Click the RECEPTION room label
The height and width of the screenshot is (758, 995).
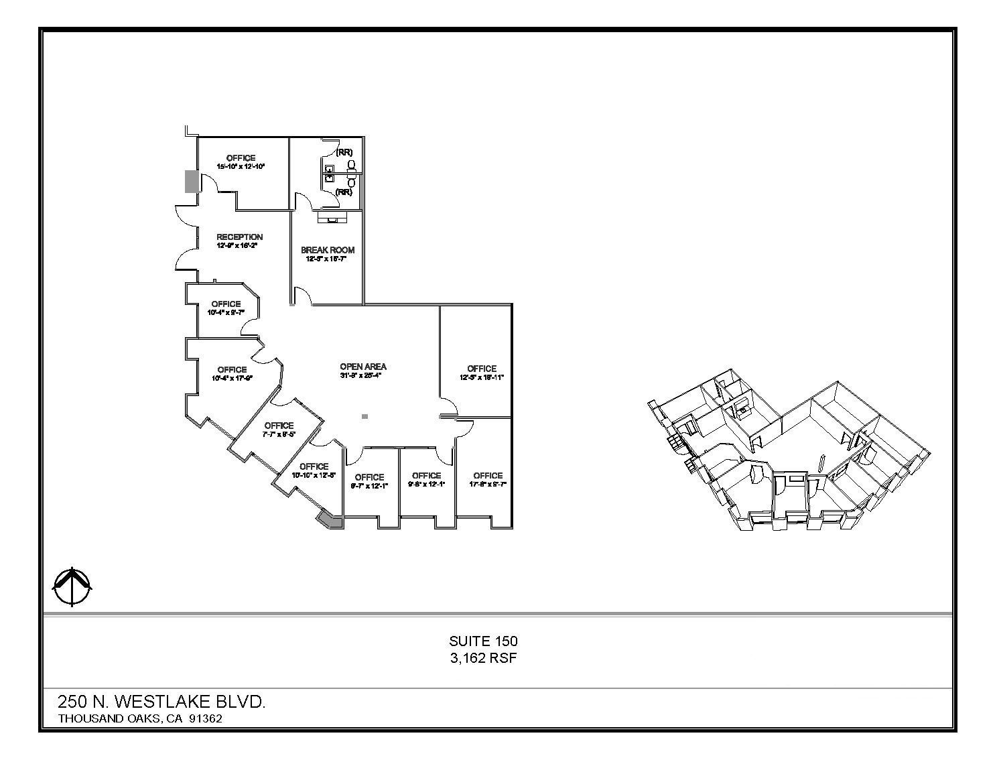coord(239,237)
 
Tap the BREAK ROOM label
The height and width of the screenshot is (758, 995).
coord(328,250)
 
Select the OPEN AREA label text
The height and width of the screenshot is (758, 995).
coord(363,367)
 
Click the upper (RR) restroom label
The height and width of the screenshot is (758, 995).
coord(344,152)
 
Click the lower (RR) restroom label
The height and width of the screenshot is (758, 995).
coord(344,192)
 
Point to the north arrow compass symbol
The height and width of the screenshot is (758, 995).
coord(72,586)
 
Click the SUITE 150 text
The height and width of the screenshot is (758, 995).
coord(483,641)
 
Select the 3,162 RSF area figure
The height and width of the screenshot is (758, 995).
coord(483,658)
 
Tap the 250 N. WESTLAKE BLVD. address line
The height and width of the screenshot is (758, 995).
coord(161,702)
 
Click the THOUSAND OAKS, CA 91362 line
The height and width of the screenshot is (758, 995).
coord(140,718)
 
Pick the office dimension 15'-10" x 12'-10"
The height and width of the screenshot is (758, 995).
coord(241,166)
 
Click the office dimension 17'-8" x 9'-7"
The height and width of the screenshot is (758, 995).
coord(487,484)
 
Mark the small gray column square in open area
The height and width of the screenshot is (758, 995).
coord(364,417)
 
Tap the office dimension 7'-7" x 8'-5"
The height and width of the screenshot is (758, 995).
coord(279,434)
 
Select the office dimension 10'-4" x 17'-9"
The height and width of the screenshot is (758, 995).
coord(232,378)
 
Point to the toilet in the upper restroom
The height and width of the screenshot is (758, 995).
coord(351,164)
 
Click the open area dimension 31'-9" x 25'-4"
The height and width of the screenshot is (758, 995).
coord(362,375)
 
